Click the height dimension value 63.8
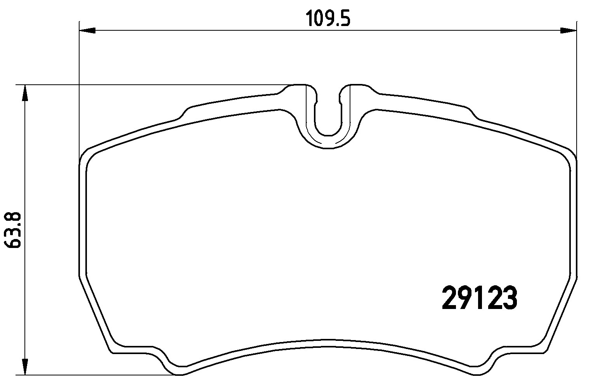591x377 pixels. pyautogui.click(x=12, y=230)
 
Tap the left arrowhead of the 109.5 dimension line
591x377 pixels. pyautogui.click(x=87, y=30)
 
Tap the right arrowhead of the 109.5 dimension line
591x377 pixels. pyautogui.click(x=568, y=30)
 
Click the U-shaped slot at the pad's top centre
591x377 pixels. pyautogui.click(x=328, y=117)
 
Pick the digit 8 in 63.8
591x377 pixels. pyautogui.click(x=12, y=218)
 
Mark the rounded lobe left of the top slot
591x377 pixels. pyautogui.click(x=297, y=91)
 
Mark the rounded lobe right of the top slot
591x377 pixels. pyautogui.click(x=359, y=91)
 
